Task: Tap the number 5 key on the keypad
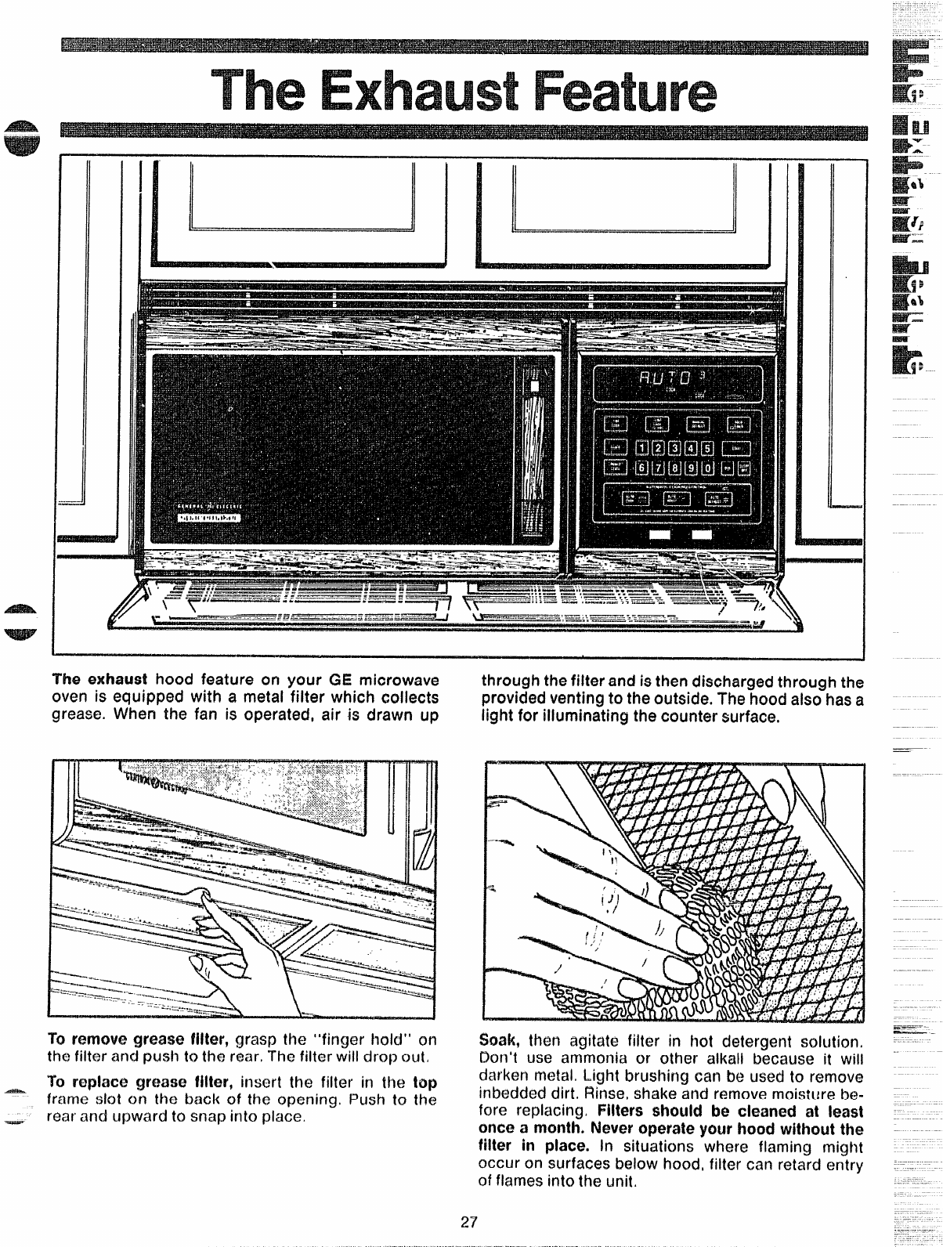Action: tap(708, 448)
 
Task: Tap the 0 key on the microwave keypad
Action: tap(708, 468)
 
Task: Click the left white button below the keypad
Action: tap(659, 534)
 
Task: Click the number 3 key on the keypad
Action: tap(675, 448)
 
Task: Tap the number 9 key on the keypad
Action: tap(692, 468)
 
